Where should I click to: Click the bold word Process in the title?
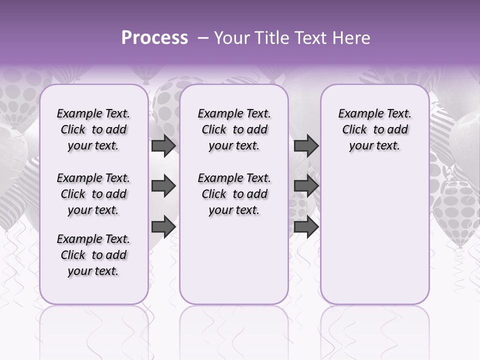coord(154,38)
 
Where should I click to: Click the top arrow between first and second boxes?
coord(163,145)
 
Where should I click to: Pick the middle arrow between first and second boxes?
coord(163,186)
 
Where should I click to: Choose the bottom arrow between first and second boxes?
coord(163,227)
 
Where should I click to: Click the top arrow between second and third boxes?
coord(306,145)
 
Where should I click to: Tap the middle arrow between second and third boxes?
coord(306,186)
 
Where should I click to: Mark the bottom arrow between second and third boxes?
coord(306,227)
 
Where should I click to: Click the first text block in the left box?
coord(93,129)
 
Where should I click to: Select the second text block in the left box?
coord(93,194)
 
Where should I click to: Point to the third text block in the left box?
coord(93,255)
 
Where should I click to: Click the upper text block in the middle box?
coord(234,129)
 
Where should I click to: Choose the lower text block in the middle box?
coord(234,194)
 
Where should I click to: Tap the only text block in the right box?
coord(374,129)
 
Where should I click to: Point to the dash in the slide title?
coord(203,38)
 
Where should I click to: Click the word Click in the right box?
coord(354,130)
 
